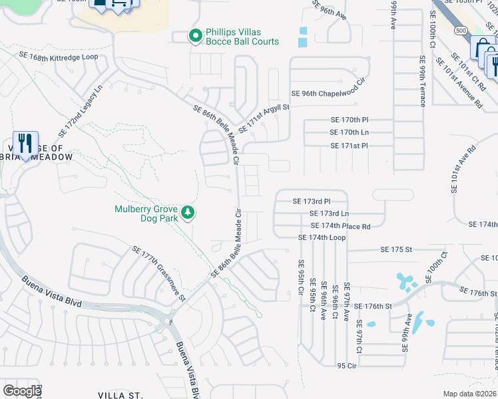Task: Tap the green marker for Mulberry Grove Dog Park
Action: pyautogui.click(x=189, y=212)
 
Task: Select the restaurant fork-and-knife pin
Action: pyautogui.click(x=25, y=144)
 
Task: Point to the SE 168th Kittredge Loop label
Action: pyautogui.click(x=59, y=58)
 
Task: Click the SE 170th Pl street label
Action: pyautogui.click(x=350, y=120)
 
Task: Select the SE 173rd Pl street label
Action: pyautogui.click(x=312, y=201)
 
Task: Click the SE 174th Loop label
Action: pyautogui.click(x=322, y=237)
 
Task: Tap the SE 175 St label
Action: pyautogui.click(x=397, y=249)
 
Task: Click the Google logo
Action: pyautogui.click(x=22, y=391)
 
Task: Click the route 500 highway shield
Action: pyautogui.click(x=461, y=31)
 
